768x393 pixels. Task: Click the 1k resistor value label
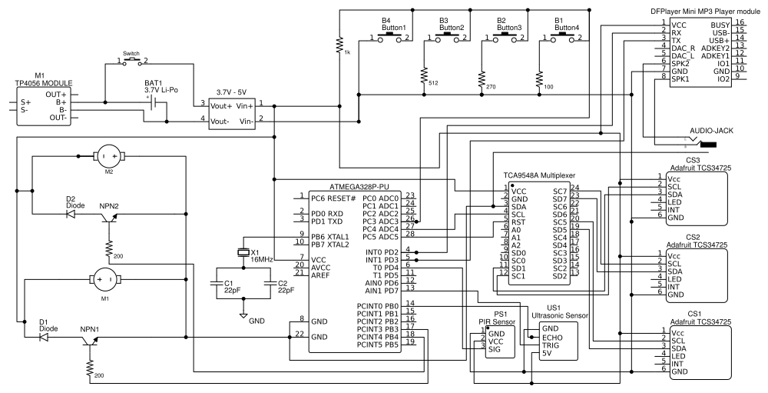[x=347, y=52]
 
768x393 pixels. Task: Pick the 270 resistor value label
[x=491, y=87]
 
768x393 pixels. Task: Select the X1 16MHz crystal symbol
[x=243, y=251]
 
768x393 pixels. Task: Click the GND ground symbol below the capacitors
[x=244, y=315]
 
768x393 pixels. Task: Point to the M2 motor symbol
[x=108, y=157]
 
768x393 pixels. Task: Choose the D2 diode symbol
[x=71, y=215]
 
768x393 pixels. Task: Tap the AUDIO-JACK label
[x=711, y=132]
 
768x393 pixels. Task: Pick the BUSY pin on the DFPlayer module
[x=719, y=23]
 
